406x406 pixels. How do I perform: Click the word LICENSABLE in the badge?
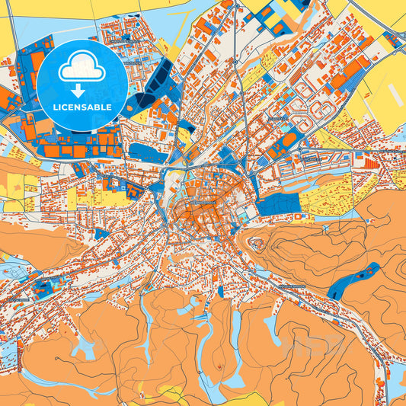click(x=82, y=107)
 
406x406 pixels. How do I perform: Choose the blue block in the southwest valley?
click(x=43, y=288)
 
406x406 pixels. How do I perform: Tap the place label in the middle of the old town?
click(x=200, y=204)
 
